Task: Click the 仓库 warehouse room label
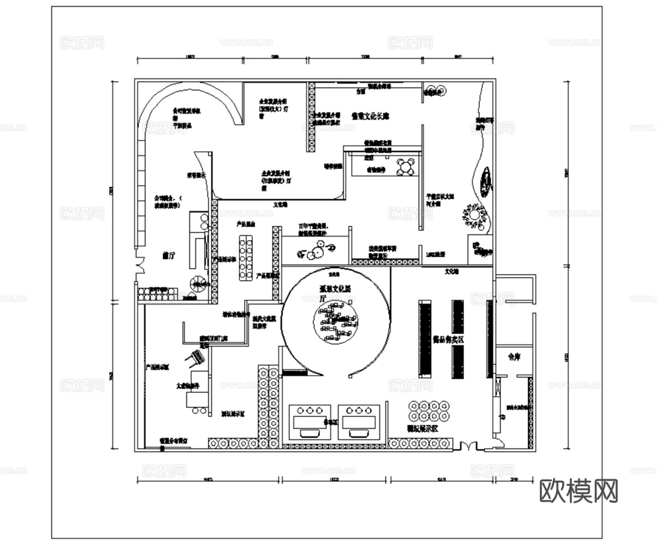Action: [x=514, y=358]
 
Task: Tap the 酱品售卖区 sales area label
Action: [x=448, y=339]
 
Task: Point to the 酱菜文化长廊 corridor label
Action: [x=370, y=116]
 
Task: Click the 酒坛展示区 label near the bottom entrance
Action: [x=423, y=428]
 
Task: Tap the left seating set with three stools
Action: [x=309, y=421]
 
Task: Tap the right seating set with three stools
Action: [x=359, y=421]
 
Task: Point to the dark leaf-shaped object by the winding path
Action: [x=485, y=181]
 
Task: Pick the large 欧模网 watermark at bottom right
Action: [x=578, y=491]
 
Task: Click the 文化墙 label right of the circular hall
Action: [x=453, y=270]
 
